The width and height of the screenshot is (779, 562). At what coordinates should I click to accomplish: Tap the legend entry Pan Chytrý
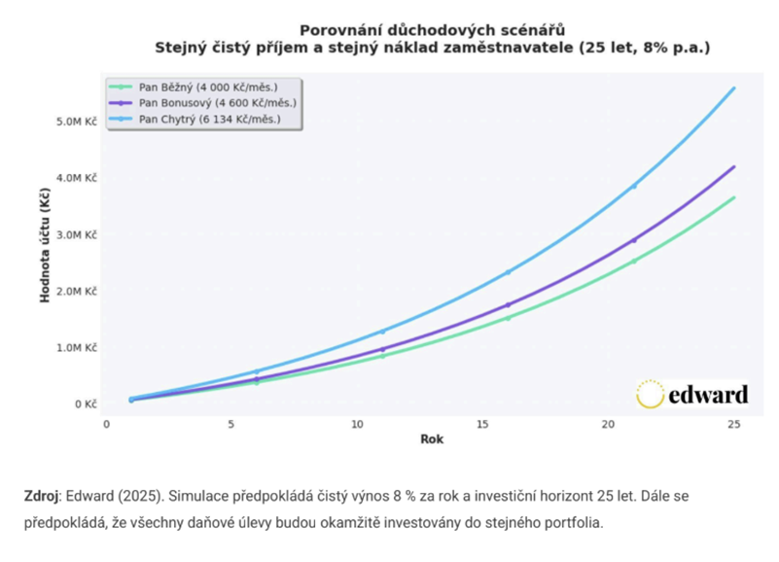(x=210, y=119)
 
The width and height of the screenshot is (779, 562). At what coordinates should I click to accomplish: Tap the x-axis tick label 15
(x=482, y=424)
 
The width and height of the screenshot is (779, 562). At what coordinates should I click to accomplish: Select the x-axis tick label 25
(x=733, y=424)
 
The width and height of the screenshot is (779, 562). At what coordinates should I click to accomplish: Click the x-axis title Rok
(x=432, y=439)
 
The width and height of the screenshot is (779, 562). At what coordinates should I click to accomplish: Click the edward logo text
(x=709, y=394)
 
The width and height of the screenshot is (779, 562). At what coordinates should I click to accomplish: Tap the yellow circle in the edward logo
(x=650, y=394)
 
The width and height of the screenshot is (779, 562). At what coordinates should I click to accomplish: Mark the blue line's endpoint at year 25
(x=733, y=88)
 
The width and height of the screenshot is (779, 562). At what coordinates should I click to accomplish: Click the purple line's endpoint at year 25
(x=733, y=167)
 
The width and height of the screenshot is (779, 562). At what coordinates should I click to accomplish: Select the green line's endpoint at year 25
(x=733, y=197)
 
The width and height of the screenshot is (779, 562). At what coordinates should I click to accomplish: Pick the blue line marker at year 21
(x=634, y=186)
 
